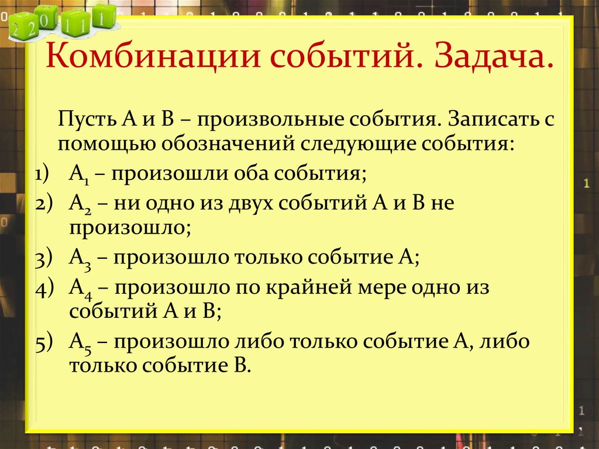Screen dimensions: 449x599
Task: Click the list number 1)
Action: tap(44, 174)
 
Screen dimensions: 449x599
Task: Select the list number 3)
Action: tap(44, 259)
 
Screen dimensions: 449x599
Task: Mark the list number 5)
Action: tap(44, 343)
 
